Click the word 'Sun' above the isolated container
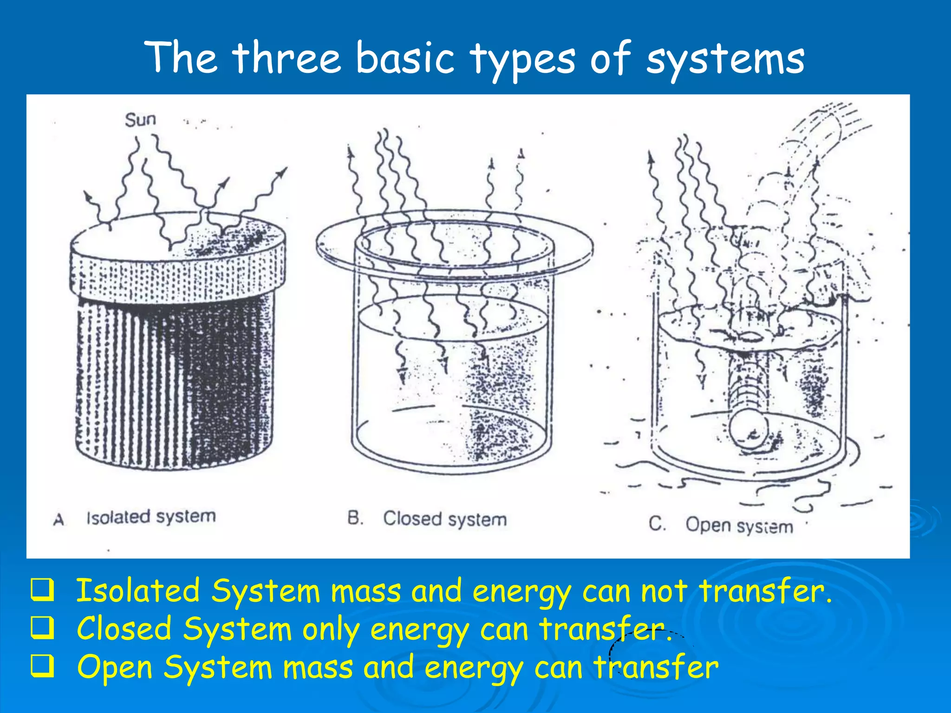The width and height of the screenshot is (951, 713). click(140, 120)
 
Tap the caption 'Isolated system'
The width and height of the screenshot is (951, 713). click(151, 517)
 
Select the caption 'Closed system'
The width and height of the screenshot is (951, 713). click(444, 519)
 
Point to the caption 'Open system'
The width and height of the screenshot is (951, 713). click(739, 525)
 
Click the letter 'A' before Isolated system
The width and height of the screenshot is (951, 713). click(59, 519)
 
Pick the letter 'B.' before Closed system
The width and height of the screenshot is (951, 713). click(355, 518)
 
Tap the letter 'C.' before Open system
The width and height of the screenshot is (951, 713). click(657, 524)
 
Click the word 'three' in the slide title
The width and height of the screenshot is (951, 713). click(287, 58)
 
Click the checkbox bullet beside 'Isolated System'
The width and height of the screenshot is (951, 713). click(42, 590)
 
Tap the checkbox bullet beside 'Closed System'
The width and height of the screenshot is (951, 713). click(42, 629)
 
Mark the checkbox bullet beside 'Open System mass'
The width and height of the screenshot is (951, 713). click(42, 667)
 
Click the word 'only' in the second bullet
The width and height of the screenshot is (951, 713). click(331, 630)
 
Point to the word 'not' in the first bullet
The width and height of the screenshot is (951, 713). click(664, 591)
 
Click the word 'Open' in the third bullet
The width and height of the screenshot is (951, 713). click(115, 668)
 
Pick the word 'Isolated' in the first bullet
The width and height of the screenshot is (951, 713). click(138, 591)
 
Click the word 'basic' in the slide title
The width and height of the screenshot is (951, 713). click(405, 58)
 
